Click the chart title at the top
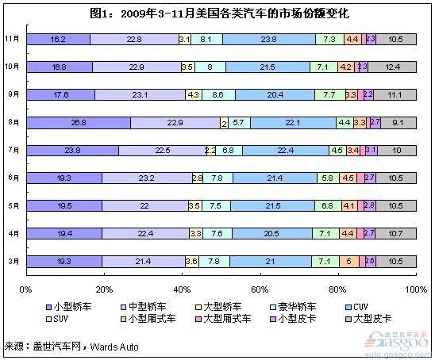tap(218, 13)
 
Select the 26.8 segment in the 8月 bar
tap(78, 122)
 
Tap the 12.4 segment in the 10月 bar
tap(391, 67)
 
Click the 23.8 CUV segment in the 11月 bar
tap(268, 39)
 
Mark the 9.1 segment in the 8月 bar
tap(398, 122)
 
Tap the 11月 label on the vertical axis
tap(12, 39)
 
